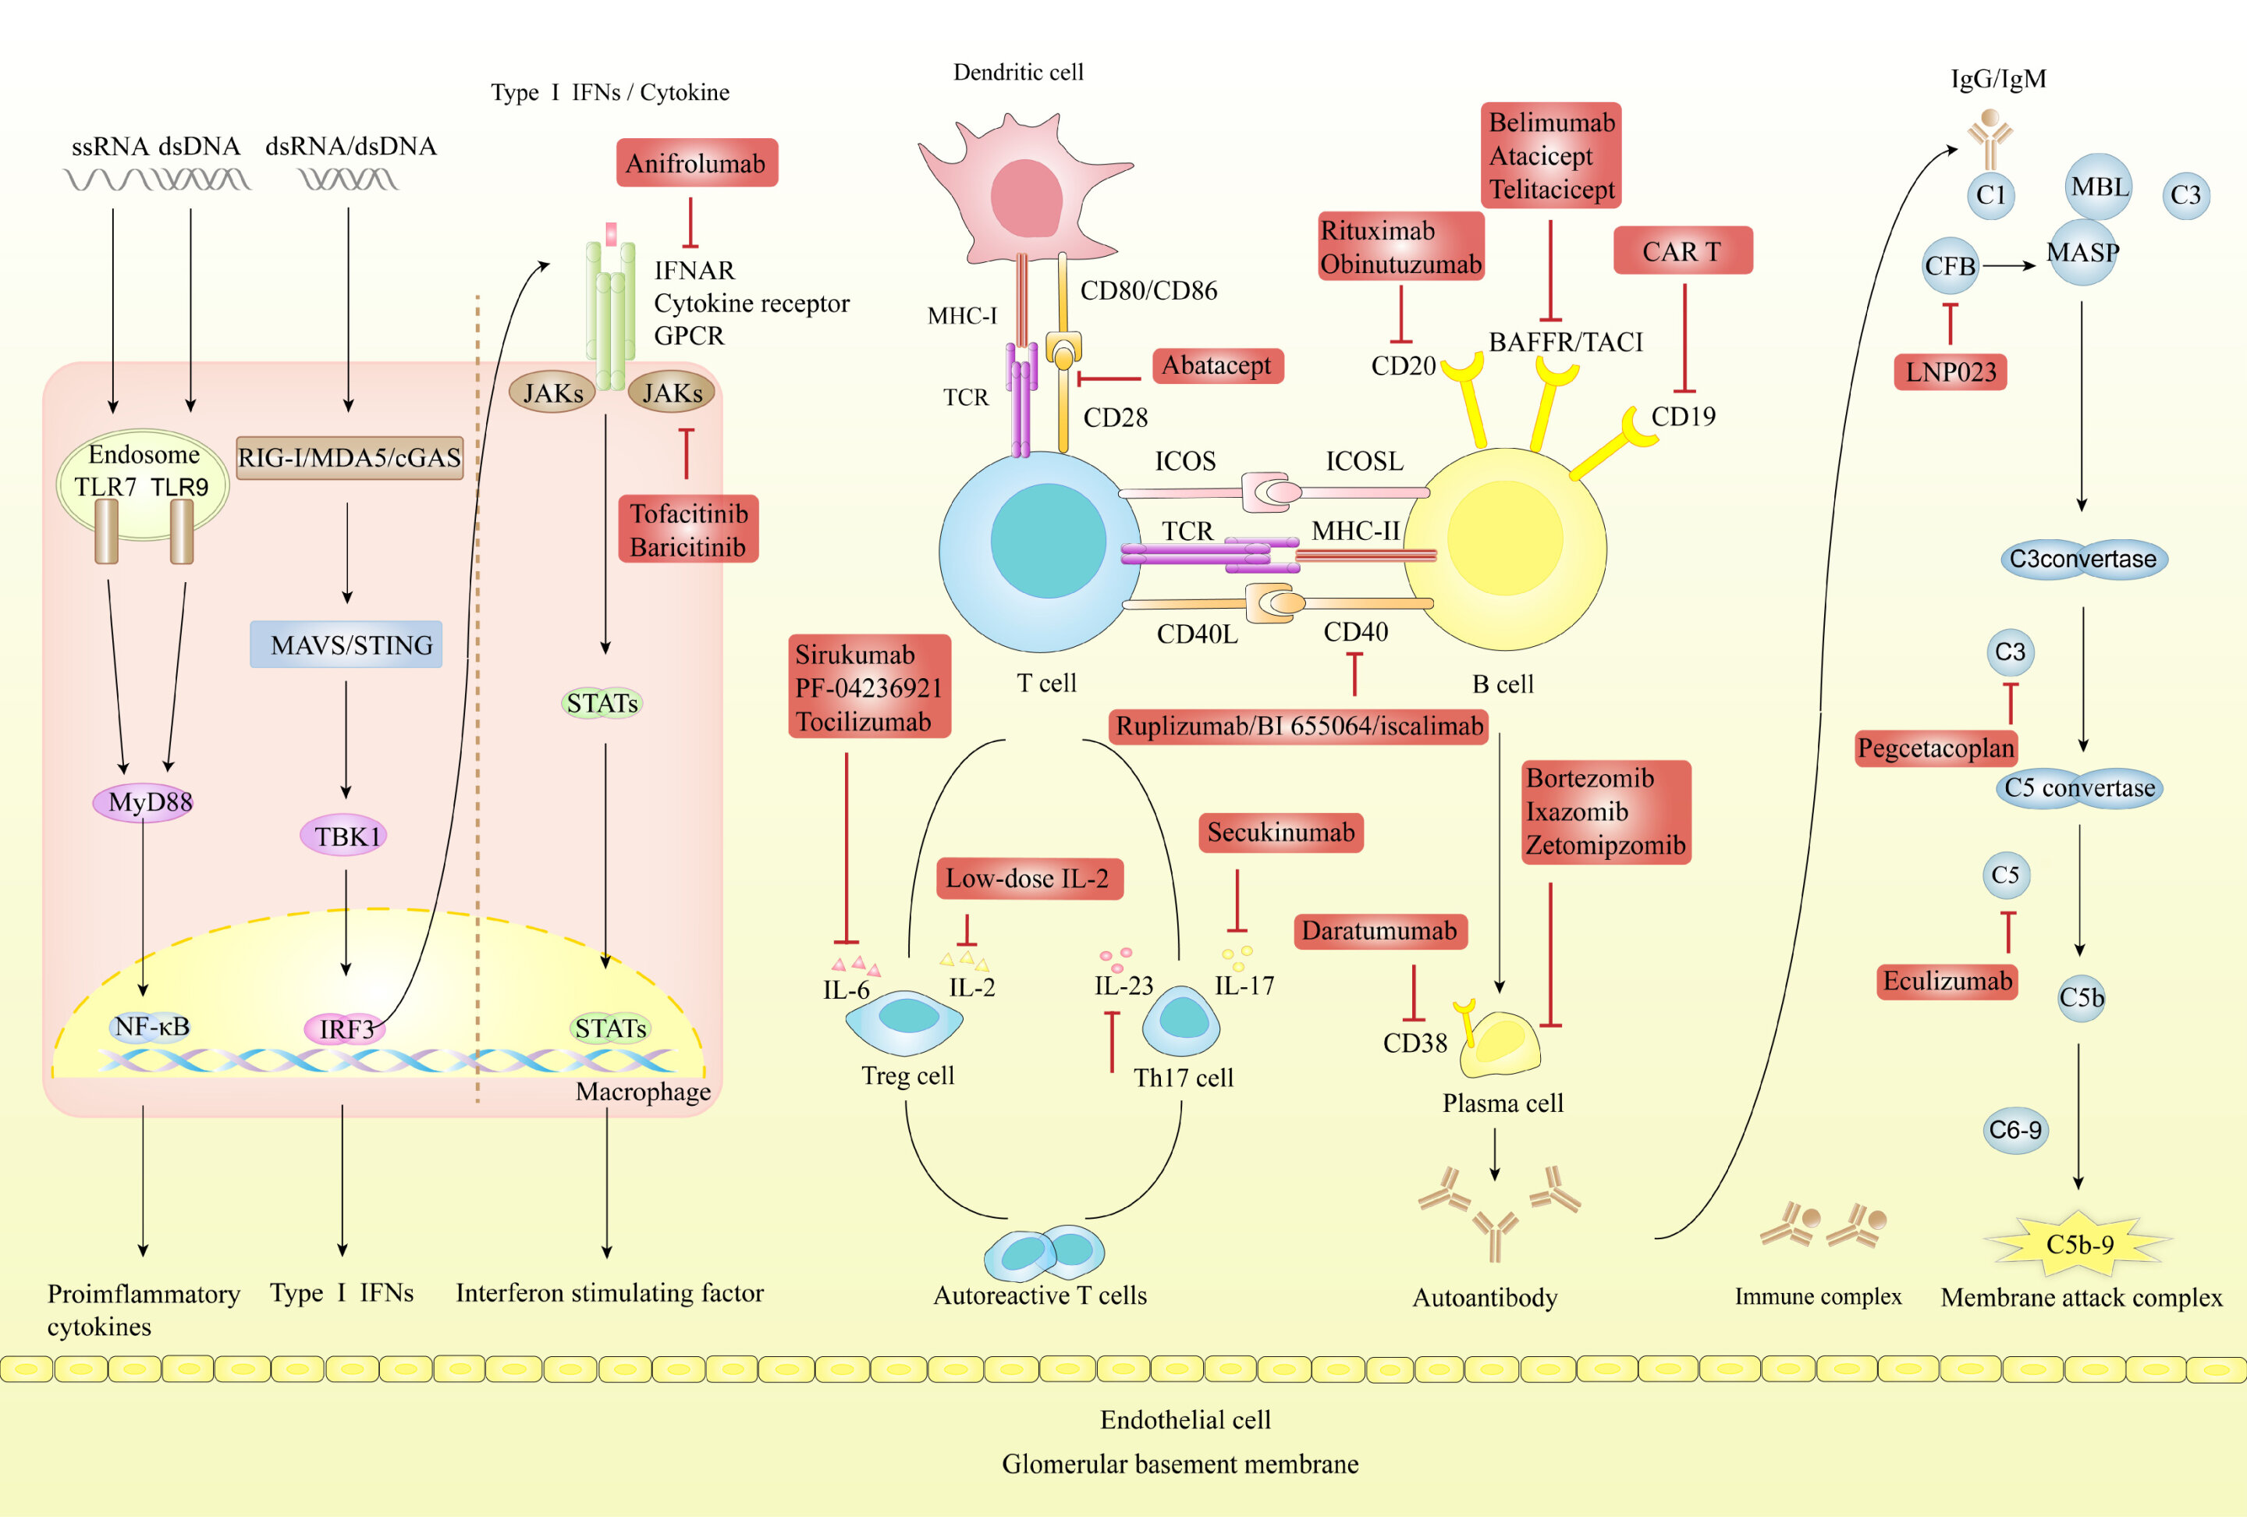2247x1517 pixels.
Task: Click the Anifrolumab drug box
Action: [x=696, y=163]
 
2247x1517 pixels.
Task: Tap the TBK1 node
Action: [x=344, y=837]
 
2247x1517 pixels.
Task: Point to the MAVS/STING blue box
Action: [x=346, y=645]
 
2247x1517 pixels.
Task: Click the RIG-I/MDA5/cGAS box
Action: [x=349, y=457]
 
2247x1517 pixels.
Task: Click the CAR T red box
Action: [x=1682, y=251]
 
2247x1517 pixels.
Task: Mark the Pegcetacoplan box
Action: [x=1936, y=748]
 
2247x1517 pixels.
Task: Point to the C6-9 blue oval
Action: [x=2015, y=1130]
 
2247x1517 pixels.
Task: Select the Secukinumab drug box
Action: [x=1280, y=833]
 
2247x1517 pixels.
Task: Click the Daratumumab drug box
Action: [x=1379, y=931]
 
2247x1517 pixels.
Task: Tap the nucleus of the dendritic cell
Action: [x=1026, y=198]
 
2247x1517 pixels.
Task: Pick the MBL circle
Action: [x=2098, y=187]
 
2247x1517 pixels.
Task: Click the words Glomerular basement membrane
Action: [x=1180, y=1464]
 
